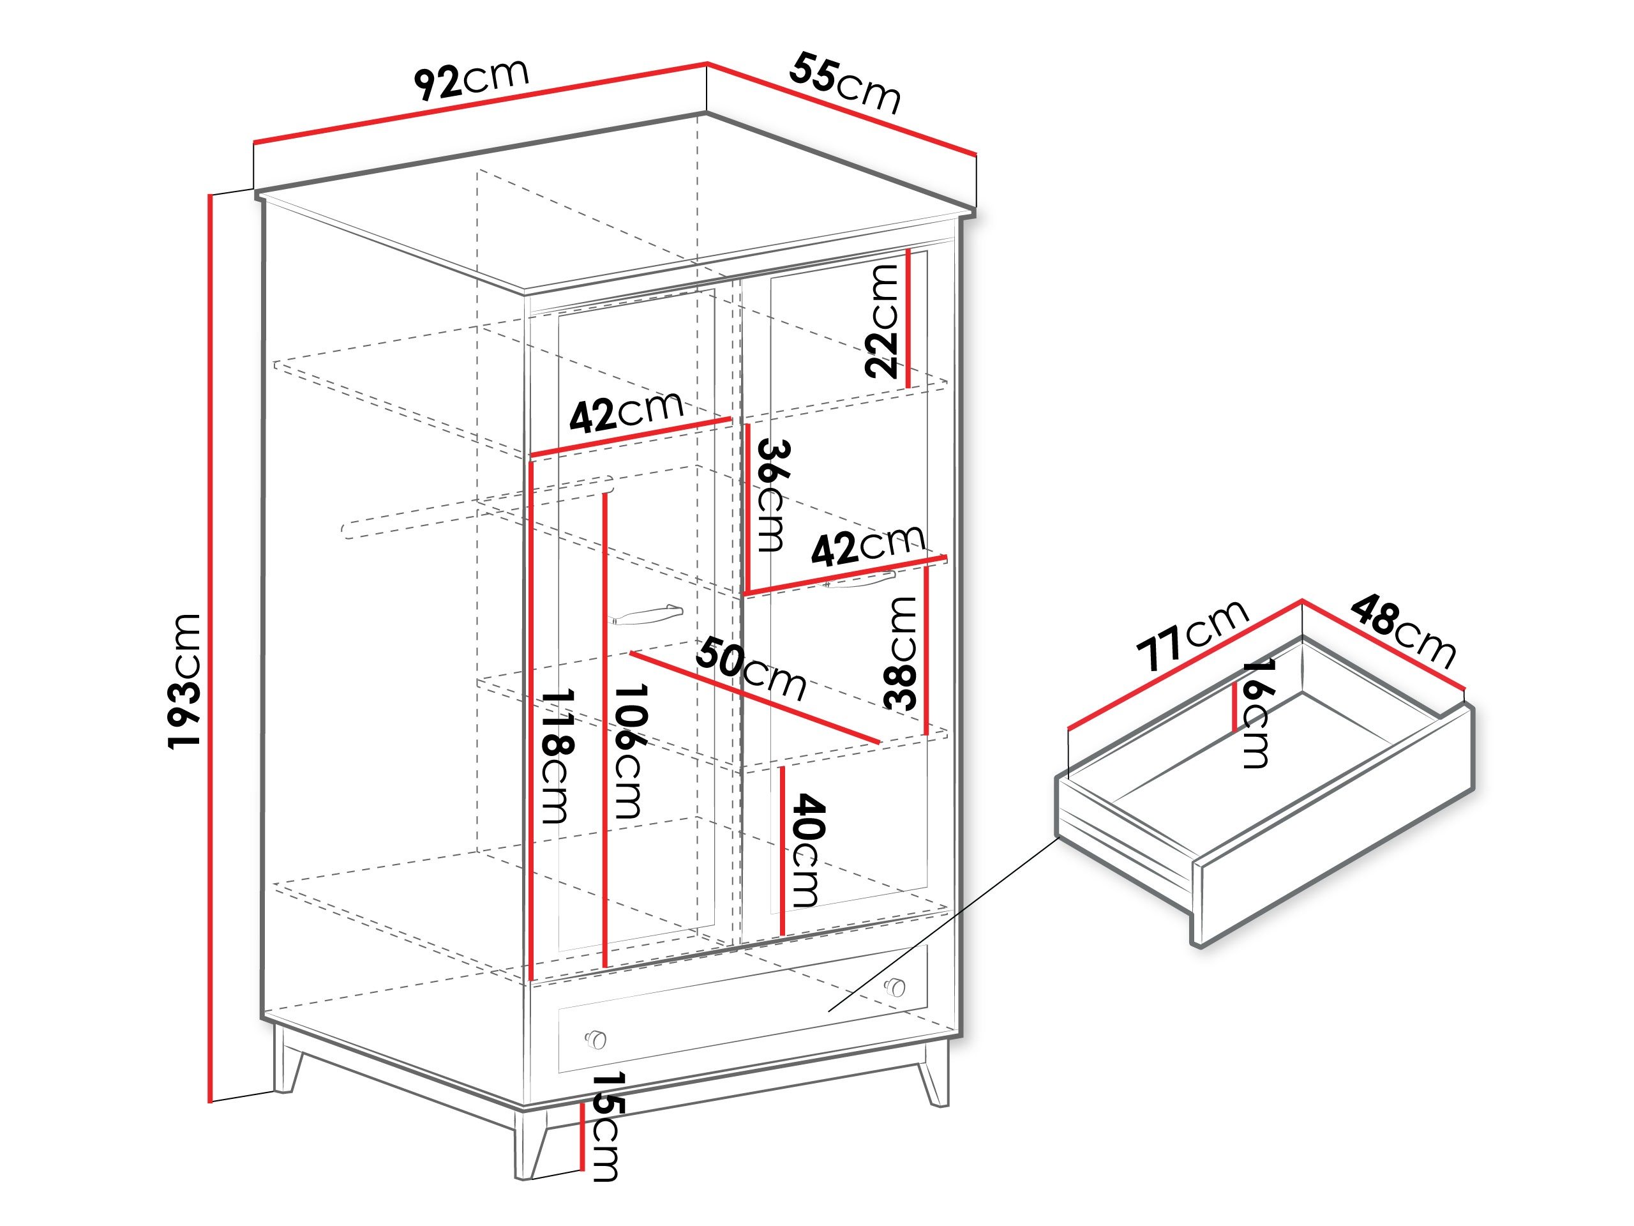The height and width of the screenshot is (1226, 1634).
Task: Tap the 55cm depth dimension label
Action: coord(845,84)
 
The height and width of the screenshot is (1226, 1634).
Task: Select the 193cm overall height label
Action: coord(184,681)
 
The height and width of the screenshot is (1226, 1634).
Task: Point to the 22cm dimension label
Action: coord(882,321)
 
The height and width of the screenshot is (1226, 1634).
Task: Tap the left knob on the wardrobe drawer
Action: coord(596,1039)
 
